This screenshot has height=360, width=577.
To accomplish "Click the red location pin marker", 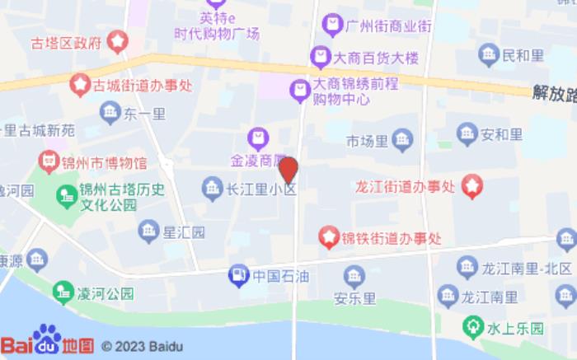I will tap(288, 170).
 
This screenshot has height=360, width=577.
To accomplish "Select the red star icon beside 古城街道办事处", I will tap(80, 83).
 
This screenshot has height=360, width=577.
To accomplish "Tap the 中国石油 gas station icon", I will tap(237, 274).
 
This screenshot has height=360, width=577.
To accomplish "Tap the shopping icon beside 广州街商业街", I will tap(332, 25).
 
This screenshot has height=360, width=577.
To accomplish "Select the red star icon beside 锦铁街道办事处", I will tap(329, 239).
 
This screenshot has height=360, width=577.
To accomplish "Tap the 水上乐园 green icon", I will tap(472, 328).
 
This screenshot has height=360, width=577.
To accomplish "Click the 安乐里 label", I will tap(354, 298).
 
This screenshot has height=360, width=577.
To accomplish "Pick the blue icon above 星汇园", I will tap(148, 229).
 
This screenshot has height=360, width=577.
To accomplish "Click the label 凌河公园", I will tap(105, 292).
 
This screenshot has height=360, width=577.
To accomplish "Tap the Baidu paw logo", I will tap(47, 339).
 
